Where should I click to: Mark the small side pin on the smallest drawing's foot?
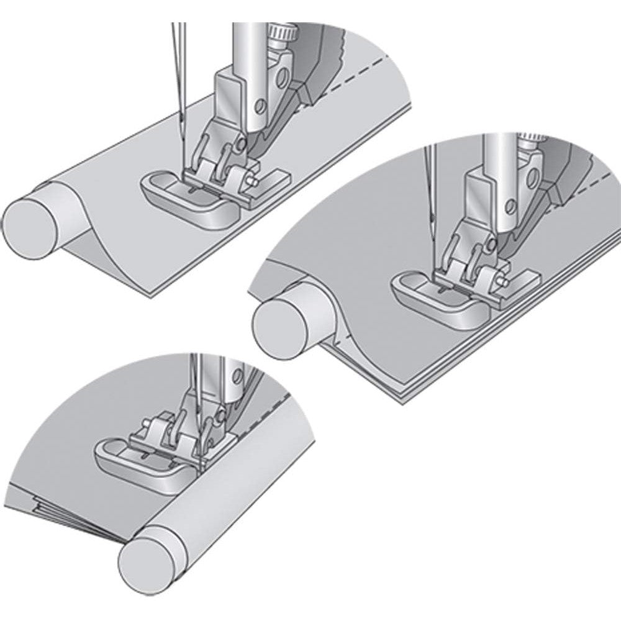[x=144, y=424]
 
